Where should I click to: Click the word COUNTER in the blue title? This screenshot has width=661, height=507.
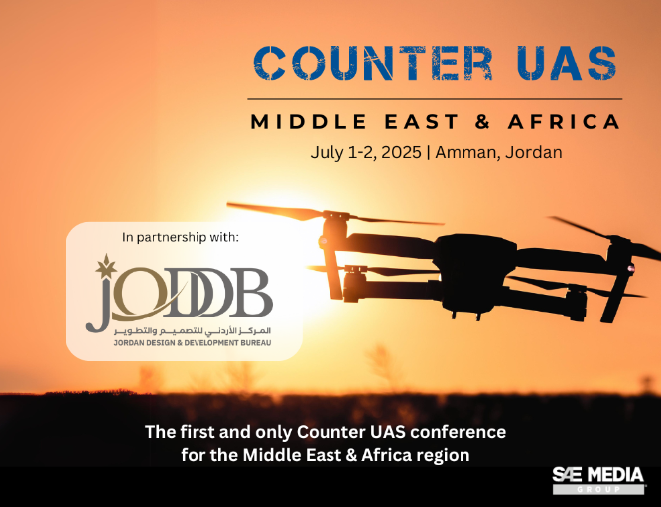coord(373,63)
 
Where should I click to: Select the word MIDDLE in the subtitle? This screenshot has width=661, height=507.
coord(309,122)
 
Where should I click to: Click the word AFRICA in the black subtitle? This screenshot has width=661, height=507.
coord(564,122)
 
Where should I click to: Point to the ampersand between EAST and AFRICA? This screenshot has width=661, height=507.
coord(483,122)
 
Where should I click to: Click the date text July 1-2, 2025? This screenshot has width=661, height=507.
coord(365,152)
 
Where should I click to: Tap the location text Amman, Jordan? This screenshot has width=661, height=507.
coord(498,152)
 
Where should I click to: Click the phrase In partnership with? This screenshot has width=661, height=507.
coord(181,237)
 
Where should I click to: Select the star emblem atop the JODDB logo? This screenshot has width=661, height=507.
coord(106,266)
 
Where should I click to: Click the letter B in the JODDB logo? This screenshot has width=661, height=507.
coord(252,293)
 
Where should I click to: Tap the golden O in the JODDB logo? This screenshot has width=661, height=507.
coord(139,293)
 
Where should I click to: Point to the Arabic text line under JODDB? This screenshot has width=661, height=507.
coord(193,331)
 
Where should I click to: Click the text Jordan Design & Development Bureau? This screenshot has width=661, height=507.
coord(193,343)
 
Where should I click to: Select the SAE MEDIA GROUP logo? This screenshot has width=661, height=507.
coord(598,480)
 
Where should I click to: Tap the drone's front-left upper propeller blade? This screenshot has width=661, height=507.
coord(275,211)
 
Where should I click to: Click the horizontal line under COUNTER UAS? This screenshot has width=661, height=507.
coord(435,99)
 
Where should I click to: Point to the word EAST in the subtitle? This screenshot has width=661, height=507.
coord(422,122)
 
